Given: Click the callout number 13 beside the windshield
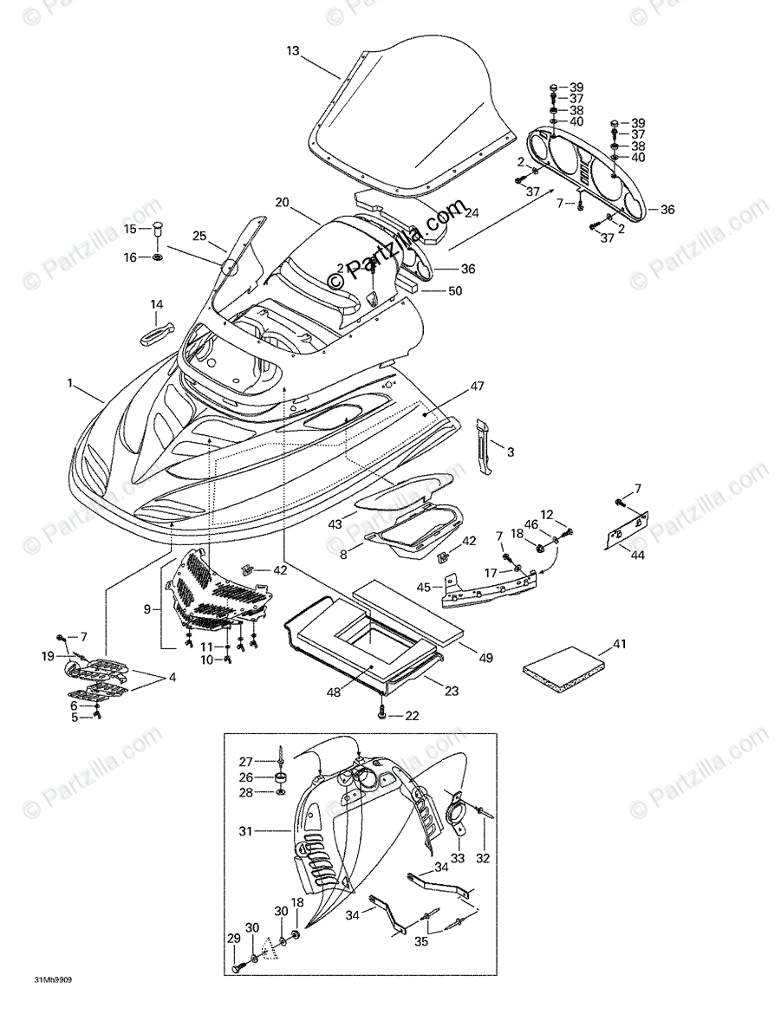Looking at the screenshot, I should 293,51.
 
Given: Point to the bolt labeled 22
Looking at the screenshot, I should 382,714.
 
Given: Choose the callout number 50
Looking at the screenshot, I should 455,291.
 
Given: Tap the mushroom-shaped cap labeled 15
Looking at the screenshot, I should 158,229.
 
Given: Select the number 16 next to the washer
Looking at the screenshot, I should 129,257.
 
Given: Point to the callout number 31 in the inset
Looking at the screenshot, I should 248,831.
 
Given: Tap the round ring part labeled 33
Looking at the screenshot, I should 456,816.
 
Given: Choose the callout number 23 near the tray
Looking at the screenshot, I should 452,692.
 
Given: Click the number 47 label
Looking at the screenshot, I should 478,386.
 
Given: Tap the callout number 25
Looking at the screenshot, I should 199,236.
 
